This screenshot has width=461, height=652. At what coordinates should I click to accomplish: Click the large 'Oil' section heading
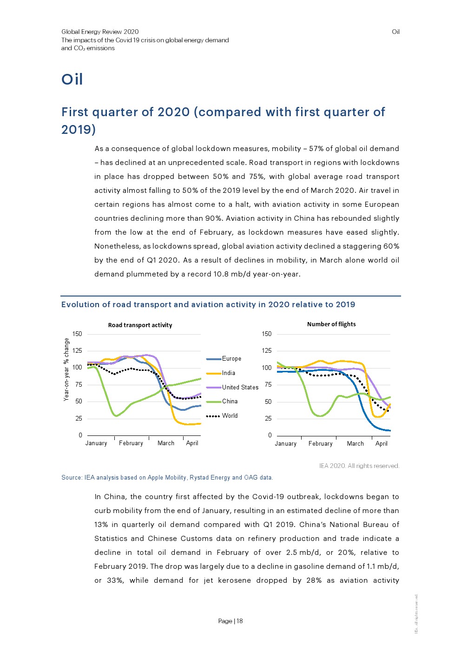tap(72, 79)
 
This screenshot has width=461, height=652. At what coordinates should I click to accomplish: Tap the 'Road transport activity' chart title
tap(140, 325)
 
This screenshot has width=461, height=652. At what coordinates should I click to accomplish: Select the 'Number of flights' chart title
tap(331, 324)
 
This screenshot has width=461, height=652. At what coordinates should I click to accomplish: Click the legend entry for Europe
tap(231, 359)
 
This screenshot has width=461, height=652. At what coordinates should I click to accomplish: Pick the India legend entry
tap(228, 373)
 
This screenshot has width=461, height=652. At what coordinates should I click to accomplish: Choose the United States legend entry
tap(240, 388)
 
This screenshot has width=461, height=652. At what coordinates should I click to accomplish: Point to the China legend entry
tap(230, 402)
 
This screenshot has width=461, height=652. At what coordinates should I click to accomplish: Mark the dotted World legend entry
tap(230, 416)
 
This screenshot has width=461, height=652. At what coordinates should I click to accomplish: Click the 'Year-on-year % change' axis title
tap(66, 369)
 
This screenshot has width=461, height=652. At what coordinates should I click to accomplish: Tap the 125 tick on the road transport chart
tap(77, 351)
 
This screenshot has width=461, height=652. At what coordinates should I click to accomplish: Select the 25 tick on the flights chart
tap(268, 419)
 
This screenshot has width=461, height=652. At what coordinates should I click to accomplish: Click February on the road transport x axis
tap(131, 443)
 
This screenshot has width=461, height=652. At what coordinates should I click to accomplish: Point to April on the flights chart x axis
tap(382, 444)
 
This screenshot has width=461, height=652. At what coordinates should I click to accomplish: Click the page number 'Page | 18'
tap(230, 621)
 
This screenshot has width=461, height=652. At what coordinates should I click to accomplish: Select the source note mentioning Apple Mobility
tap(167, 478)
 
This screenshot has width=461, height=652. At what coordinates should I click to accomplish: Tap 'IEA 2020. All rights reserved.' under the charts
tap(359, 466)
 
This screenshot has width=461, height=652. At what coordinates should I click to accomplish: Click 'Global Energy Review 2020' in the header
tap(100, 32)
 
